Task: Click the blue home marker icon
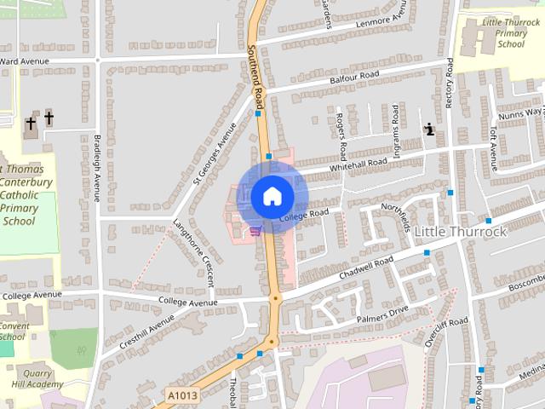[272, 196]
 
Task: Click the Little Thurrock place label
[460, 231]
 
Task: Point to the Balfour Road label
[354, 78]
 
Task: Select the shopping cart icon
[255, 229]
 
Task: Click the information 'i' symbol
[429, 130]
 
